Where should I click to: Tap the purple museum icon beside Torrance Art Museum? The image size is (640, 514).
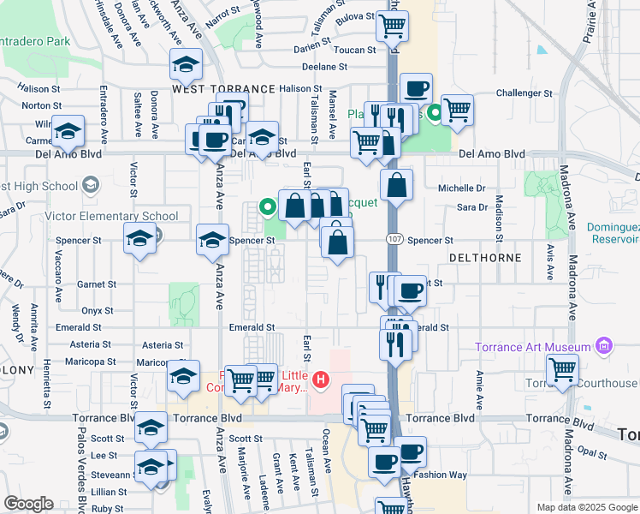point(604,347)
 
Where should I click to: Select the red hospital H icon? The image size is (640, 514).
point(321,379)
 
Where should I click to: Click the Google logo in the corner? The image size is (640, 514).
point(27,504)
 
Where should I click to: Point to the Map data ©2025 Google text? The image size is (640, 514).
point(586,507)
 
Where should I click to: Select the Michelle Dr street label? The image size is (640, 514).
point(461,188)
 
